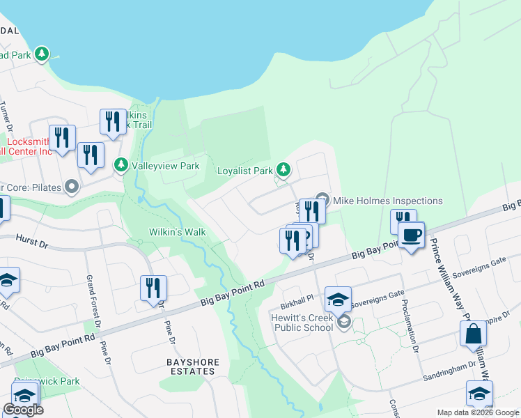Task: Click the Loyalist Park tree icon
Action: coord(283,169)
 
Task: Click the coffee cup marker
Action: coord(411,236)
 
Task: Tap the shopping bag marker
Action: coord(474,335)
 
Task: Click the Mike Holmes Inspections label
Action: coord(387,201)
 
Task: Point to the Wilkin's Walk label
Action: coord(176,232)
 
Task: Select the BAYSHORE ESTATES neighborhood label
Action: coord(192,366)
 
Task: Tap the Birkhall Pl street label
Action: coord(300,296)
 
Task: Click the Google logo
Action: coord(23,410)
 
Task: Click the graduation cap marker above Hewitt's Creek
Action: coord(338,299)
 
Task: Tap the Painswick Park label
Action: coord(55,381)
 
